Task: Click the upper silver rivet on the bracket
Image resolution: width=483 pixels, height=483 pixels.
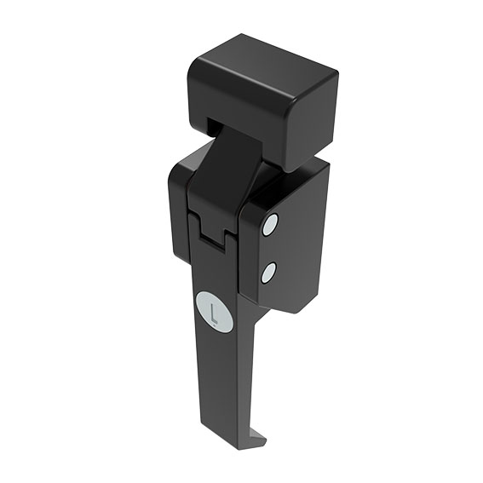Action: pyautogui.click(x=270, y=225)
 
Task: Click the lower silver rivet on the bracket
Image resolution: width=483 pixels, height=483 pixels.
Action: pyautogui.click(x=267, y=273)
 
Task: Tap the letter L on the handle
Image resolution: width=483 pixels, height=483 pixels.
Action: pyautogui.click(x=214, y=311)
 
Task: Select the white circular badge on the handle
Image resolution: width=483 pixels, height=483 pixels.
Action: pyautogui.click(x=214, y=311)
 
